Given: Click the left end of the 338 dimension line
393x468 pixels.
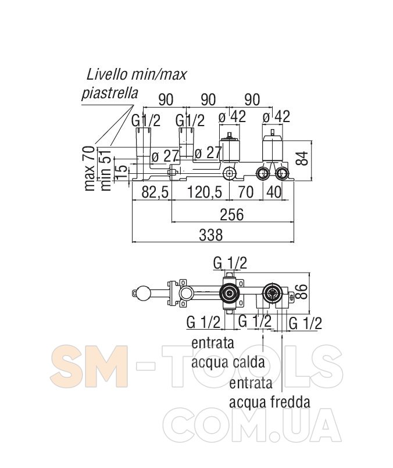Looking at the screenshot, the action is click(132, 242).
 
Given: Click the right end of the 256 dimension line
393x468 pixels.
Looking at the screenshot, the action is click(294, 222).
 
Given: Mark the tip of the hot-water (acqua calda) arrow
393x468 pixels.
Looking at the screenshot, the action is click(263, 334).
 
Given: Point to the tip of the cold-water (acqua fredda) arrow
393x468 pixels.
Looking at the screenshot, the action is click(283, 334).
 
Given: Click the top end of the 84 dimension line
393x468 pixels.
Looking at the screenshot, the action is click(311, 141).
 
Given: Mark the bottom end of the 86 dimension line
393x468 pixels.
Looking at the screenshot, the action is click(309, 313).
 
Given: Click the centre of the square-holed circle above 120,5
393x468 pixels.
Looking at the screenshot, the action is click(229, 173).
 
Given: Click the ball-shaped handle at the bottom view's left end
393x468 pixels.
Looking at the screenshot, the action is click(139, 293).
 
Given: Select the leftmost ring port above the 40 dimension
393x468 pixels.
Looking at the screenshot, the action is click(263, 173).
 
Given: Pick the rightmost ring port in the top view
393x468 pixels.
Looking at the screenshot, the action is click(281, 173).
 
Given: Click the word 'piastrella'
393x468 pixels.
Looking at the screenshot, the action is click(110, 93).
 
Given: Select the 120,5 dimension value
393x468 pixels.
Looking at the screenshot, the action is click(205, 192).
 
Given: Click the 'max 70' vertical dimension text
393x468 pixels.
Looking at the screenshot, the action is click(90, 169).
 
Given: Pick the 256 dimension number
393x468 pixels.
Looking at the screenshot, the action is click(231, 215).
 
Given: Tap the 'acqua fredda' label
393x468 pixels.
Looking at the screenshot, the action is click(269, 402).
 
